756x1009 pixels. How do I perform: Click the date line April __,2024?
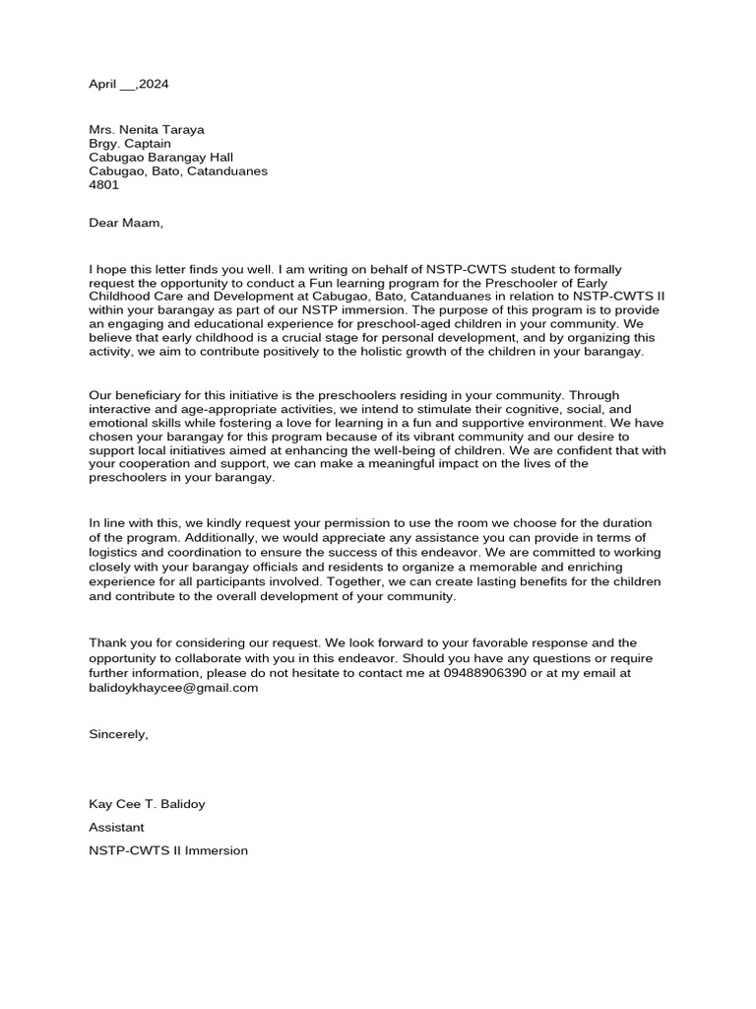[129, 85]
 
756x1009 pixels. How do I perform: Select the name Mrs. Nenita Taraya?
[148, 129]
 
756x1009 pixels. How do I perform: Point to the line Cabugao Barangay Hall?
[160, 157]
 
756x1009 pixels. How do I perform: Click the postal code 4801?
[102, 184]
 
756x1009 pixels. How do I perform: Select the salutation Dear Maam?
[125, 223]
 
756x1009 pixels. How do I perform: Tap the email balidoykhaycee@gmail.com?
[173, 687]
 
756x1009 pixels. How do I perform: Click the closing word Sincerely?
[118, 734]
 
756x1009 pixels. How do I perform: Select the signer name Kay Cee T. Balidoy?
[147, 804]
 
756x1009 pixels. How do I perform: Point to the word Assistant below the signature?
[116, 827]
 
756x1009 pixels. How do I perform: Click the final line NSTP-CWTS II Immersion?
[168, 849]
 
